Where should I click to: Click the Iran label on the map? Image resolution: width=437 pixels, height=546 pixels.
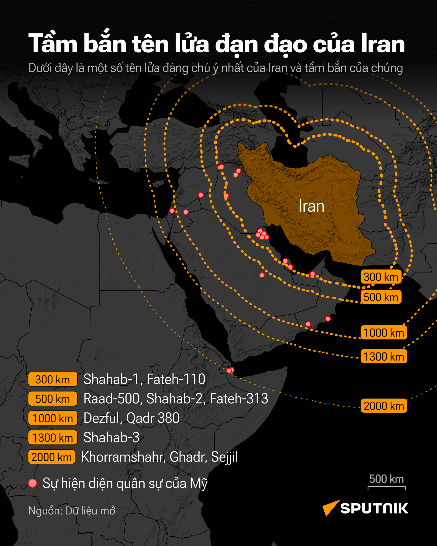pyautogui.click(x=311, y=206)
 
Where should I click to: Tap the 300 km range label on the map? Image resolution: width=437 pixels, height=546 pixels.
pyautogui.click(x=381, y=277)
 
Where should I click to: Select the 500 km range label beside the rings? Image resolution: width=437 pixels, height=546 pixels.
pyautogui.click(x=381, y=297)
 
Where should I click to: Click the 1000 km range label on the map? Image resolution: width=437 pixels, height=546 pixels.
pyautogui.click(x=384, y=333)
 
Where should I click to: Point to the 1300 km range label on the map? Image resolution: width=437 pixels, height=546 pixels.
pyautogui.click(x=384, y=356)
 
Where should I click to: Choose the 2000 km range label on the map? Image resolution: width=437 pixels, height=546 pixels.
pyautogui.click(x=384, y=406)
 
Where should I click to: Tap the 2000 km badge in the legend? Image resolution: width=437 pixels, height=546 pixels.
pyautogui.click(x=52, y=457)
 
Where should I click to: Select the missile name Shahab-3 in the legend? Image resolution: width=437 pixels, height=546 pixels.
pyautogui.click(x=112, y=437)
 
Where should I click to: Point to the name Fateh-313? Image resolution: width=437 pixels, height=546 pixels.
pyautogui.click(x=239, y=399)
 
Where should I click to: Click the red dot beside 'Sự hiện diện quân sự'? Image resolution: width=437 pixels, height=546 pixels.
pyautogui.click(x=32, y=483)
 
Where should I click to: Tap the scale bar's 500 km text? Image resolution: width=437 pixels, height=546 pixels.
pyautogui.click(x=386, y=479)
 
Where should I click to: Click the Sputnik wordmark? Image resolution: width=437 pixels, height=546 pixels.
pyautogui.click(x=374, y=508)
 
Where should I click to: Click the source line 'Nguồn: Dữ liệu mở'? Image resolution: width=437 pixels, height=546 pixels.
pyautogui.click(x=72, y=511)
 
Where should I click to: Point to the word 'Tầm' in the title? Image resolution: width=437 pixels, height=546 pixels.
pyautogui.click(x=53, y=43)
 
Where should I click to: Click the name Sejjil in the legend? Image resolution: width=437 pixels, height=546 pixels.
pyautogui.click(x=224, y=457)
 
